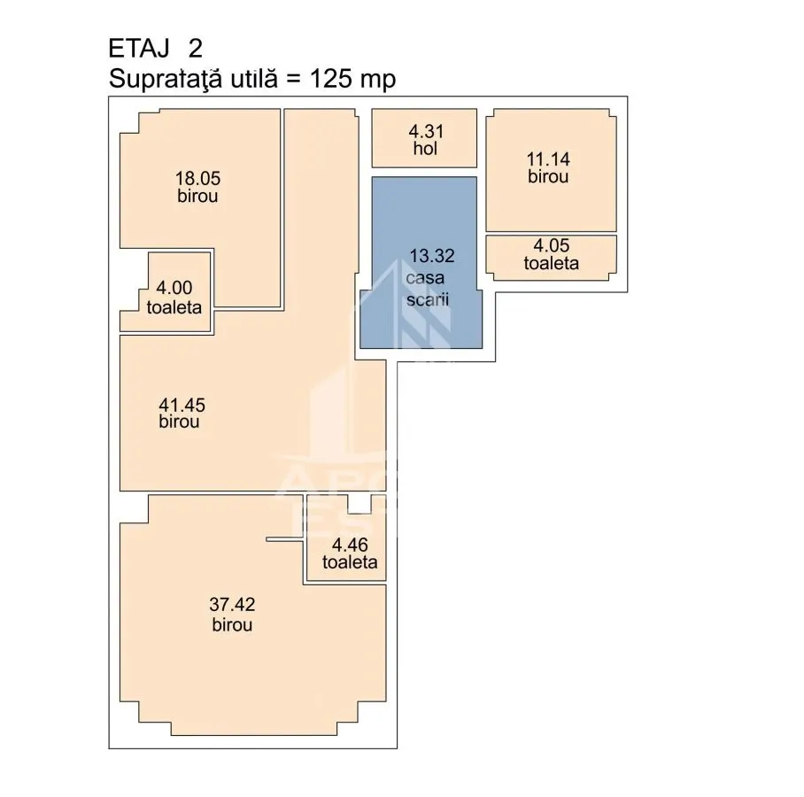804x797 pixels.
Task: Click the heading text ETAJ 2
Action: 155,49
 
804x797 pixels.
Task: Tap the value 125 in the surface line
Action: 331,79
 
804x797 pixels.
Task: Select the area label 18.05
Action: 198,179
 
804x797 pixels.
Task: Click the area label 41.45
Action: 182,406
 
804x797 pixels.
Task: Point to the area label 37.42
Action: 232,605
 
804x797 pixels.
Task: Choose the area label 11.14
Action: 548,159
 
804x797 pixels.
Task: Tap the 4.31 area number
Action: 426,132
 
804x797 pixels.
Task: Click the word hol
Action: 425,149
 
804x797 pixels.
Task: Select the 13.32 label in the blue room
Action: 432,256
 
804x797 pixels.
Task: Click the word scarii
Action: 428,299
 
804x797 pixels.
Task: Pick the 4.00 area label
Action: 174,288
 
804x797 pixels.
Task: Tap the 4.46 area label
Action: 350,545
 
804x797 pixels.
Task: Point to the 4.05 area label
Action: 552,245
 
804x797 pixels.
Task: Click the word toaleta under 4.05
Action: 552,263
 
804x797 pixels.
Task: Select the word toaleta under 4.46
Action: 350,562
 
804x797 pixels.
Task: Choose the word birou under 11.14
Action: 548,177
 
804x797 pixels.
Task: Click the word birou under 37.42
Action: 232,625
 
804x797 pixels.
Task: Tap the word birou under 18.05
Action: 197,196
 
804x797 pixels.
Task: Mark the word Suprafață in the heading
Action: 166,80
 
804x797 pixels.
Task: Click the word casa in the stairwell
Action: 425,278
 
